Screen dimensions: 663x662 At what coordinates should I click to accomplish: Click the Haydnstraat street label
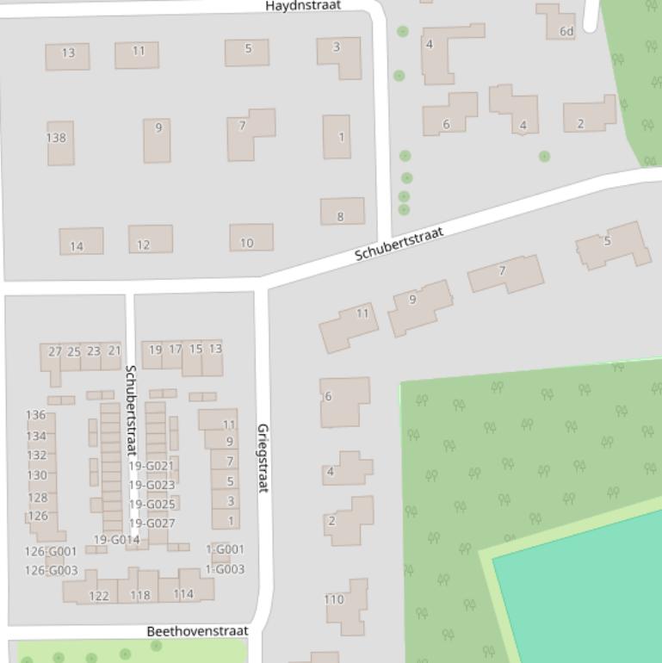(303, 6)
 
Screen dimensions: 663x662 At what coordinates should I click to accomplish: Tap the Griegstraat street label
(263, 458)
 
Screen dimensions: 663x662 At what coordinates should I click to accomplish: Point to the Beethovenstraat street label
(198, 631)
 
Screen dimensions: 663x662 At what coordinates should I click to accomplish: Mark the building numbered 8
(342, 212)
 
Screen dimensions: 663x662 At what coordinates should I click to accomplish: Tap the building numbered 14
(81, 241)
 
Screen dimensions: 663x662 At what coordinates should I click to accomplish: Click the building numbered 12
(150, 239)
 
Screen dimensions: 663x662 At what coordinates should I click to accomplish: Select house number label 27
(55, 351)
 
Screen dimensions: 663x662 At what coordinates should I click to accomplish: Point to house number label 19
(155, 350)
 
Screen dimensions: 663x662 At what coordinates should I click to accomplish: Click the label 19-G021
(152, 466)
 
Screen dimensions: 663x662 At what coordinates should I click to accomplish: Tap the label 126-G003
(51, 570)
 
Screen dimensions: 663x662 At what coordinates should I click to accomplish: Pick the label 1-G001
(225, 549)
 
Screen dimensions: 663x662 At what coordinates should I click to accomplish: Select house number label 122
(99, 596)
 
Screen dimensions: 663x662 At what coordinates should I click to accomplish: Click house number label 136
(36, 415)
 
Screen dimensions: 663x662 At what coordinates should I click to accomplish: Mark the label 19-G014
(116, 540)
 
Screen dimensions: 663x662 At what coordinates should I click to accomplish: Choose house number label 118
(139, 595)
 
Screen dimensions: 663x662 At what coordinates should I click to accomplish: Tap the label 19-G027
(152, 524)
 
